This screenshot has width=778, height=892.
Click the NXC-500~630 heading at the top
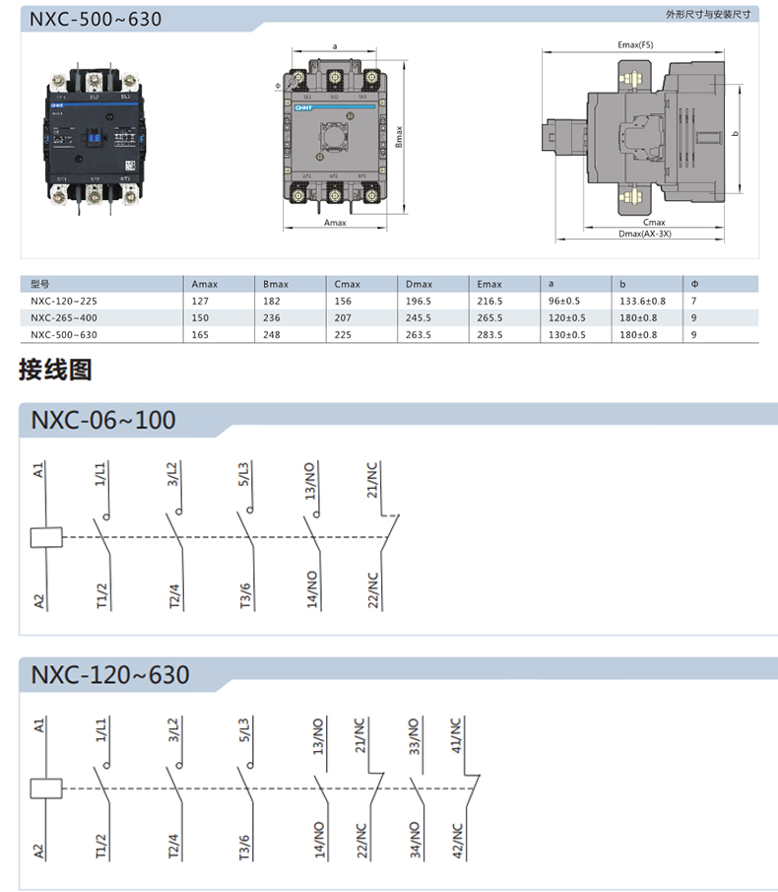point(82,19)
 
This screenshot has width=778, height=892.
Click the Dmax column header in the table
point(419,284)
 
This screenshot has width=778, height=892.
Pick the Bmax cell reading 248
point(272,335)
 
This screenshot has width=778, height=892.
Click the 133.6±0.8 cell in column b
point(642,302)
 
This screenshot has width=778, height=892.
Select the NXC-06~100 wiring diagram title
point(103,420)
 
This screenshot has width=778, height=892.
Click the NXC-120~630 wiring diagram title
point(110,675)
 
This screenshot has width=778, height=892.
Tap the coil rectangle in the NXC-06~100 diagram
point(46,537)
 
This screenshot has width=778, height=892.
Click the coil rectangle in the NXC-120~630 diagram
point(46,789)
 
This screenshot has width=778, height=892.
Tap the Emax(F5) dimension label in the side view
point(634,45)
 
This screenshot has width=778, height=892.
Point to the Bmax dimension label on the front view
point(399,136)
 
